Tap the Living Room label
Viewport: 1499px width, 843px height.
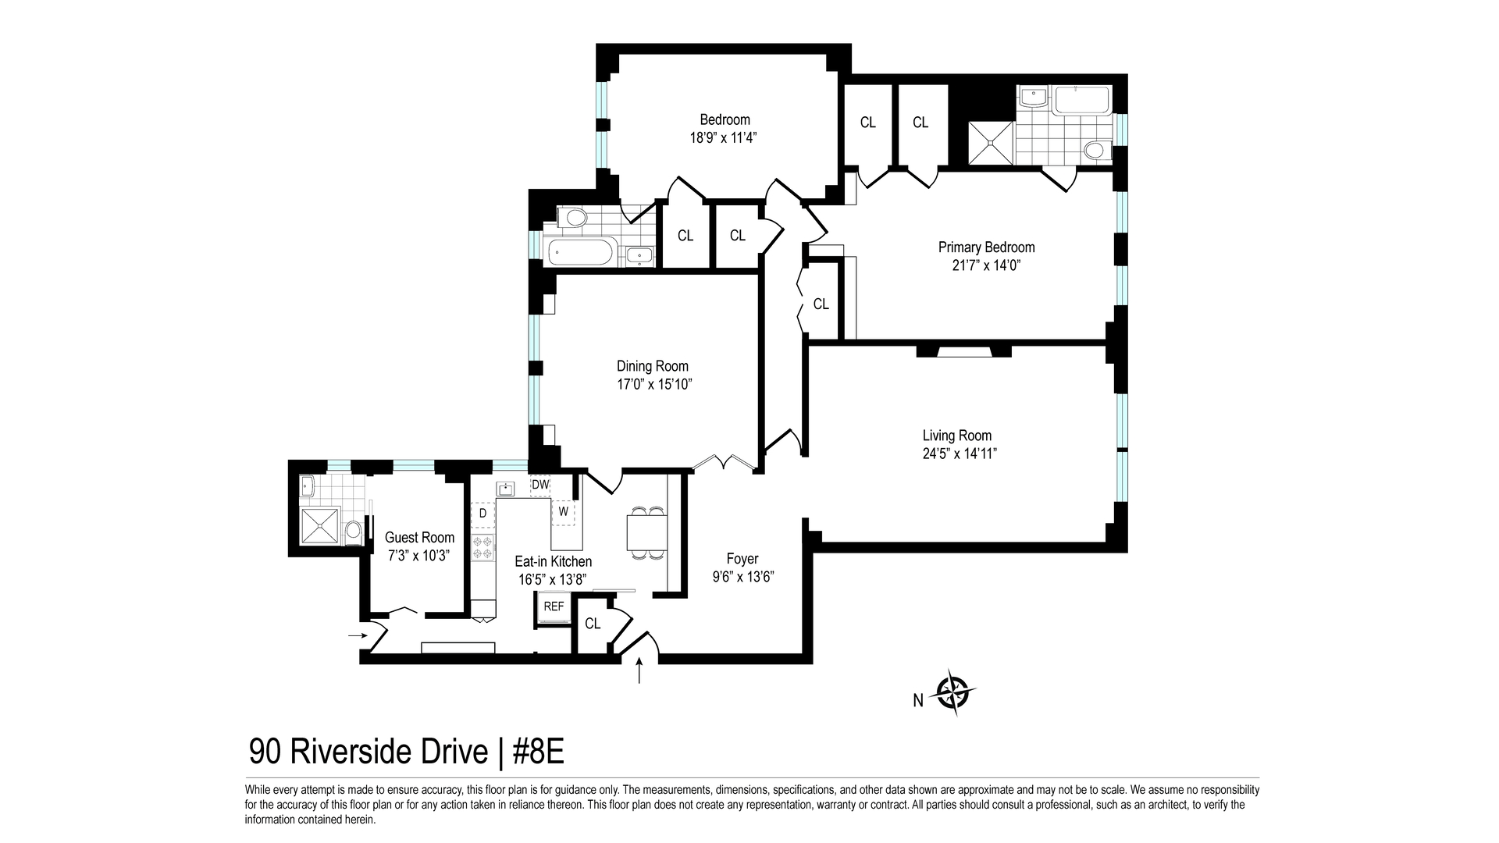click(x=957, y=436)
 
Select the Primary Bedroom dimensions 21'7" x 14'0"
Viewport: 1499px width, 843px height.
click(x=987, y=265)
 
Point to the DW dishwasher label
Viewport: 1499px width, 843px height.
click(x=540, y=485)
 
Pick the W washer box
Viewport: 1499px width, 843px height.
click(x=563, y=512)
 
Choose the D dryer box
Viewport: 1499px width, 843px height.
click(x=482, y=513)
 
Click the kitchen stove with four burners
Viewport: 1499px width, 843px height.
click(x=482, y=547)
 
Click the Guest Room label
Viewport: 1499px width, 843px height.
click(x=419, y=538)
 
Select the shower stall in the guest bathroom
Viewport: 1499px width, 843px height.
click(x=320, y=525)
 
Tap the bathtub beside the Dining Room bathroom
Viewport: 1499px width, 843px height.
click(x=581, y=252)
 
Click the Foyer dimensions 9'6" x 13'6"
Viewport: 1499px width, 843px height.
click(x=742, y=578)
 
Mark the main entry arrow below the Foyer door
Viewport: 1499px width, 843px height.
click(x=640, y=671)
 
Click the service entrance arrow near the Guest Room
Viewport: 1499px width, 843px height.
click(x=358, y=635)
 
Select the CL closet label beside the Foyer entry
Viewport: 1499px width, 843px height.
click(x=593, y=624)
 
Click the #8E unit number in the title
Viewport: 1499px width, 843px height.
click(x=538, y=752)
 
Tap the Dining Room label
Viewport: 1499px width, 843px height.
click(x=653, y=366)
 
